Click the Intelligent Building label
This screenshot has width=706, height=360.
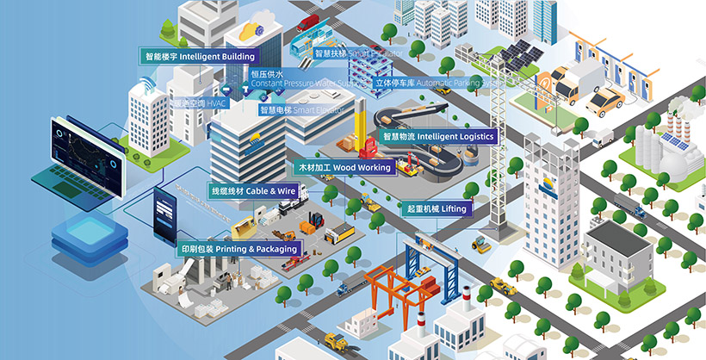tap(200, 56)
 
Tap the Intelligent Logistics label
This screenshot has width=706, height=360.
tap(438, 136)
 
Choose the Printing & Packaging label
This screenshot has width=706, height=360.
tap(239, 249)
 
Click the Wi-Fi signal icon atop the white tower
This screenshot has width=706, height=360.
tap(145, 84)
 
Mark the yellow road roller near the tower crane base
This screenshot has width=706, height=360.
tap(480, 245)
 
